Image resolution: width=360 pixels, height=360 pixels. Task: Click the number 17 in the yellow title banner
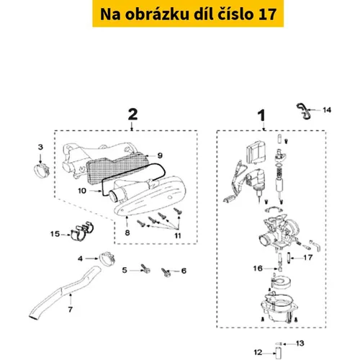[x=267, y=14]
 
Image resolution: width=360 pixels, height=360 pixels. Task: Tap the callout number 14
[x=327, y=110]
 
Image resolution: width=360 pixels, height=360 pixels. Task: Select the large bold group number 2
[x=132, y=114]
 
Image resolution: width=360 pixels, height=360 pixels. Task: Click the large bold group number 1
[x=261, y=115]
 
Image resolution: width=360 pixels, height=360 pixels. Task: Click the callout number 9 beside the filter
[x=160, y=156]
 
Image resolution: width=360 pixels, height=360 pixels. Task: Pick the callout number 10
[x=82, y=191]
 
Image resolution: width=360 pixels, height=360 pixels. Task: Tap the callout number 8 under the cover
[x=127, y=233]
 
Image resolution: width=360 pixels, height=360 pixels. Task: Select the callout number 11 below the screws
[x=178, y=235]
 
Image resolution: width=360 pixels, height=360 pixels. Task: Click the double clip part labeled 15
[x=82, y=231]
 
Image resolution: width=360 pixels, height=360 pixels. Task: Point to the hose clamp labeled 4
[x=107, y=258]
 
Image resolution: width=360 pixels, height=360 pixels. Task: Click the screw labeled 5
[x=145, y=269]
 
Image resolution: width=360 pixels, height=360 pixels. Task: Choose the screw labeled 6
[x=166, y=273]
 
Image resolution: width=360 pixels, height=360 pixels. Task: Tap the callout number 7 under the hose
[x=70, y=310]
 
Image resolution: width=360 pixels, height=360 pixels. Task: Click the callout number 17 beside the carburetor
[x=308, y=258]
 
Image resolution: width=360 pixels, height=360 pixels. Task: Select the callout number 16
[x=258, y=268]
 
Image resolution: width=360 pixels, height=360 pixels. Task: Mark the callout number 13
[x=300, y=343]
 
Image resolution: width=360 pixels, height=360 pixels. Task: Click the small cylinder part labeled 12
[x=279, y=354]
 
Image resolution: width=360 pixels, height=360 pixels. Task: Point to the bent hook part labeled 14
[x=303, y=111]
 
